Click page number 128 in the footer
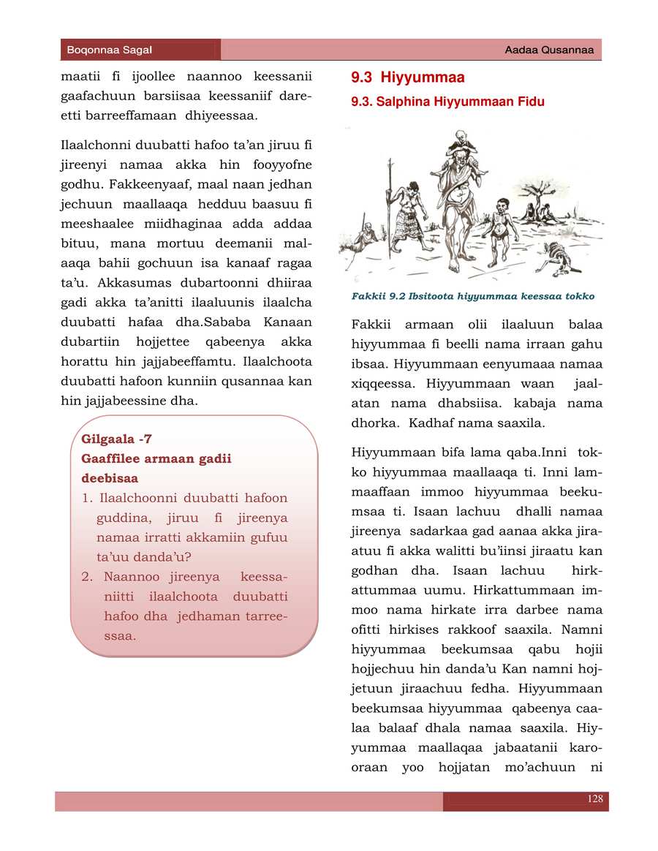[595, 799]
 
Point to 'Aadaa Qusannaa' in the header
[549, 50]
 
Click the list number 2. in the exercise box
[88, 577]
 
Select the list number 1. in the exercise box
[87, 498]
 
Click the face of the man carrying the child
[458, 164]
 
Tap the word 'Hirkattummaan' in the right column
[523, 589]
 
